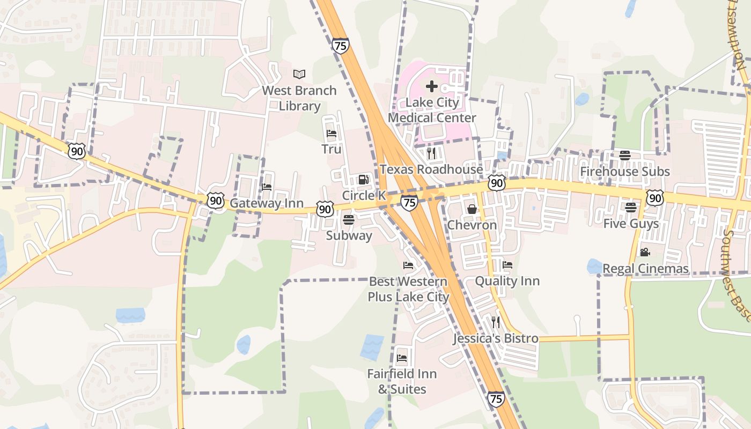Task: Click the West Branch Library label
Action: coord(299,98)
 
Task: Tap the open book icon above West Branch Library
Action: coord(299,74)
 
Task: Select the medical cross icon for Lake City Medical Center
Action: coord(432,86)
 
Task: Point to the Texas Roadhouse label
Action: coord(431,169)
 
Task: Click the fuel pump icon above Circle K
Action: coord(364,180)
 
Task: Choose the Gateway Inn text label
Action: coord(267,204)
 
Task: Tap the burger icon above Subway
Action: coord(349,219)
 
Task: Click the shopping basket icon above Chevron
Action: coord(472,209)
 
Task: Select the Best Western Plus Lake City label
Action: coord(408,289)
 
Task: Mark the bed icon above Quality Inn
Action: coord(507,265)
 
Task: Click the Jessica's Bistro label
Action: coord(496,338)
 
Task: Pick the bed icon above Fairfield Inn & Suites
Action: coord(402,358)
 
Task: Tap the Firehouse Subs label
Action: coord(625,172)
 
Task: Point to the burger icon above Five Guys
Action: coord(631,207)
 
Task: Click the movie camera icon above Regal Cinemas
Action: coord(645,252)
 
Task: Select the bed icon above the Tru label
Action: coord(332,134)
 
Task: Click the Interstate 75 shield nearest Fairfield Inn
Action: coord(496,398)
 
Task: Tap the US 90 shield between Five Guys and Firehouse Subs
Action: coord(655,198)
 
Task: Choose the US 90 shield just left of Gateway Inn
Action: coord(216,201)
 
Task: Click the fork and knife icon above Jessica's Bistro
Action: coord(496,322)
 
